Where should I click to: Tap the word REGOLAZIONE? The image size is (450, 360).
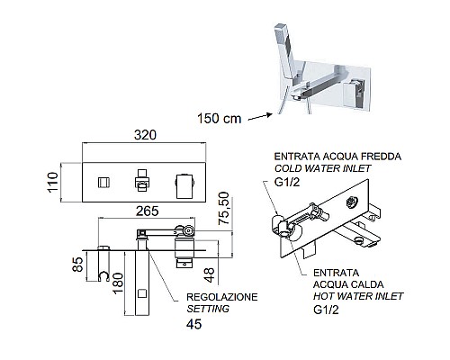click(x=221, y=296)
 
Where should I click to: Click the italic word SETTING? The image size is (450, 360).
click(x=208, y=309)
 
